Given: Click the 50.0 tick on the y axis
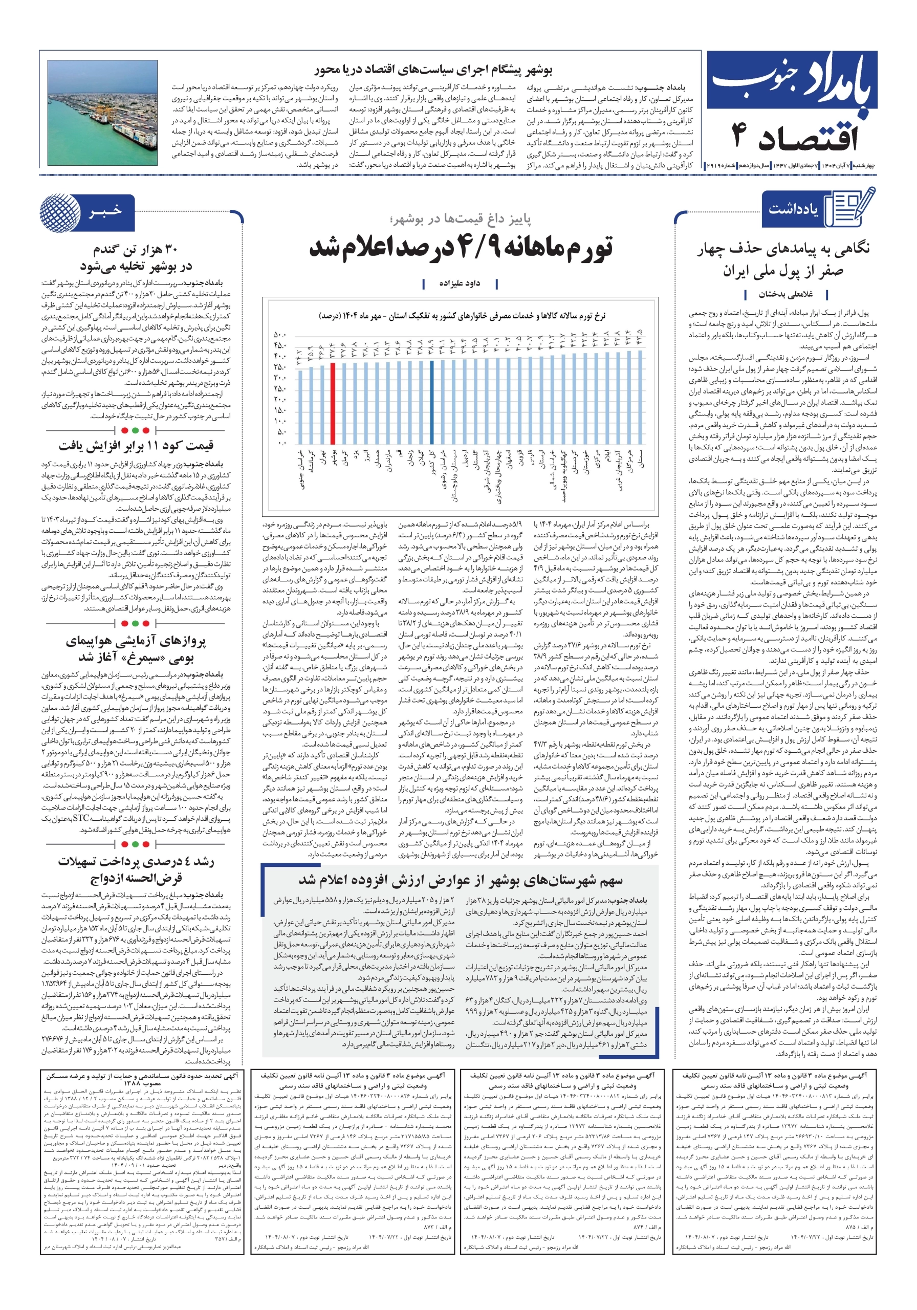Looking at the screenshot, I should [x=280, y=334].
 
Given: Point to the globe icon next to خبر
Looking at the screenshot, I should [x=60, y=212].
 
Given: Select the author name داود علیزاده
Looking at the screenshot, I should [x=460, y=283].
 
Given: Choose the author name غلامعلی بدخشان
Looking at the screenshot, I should [x=785, y=294].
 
